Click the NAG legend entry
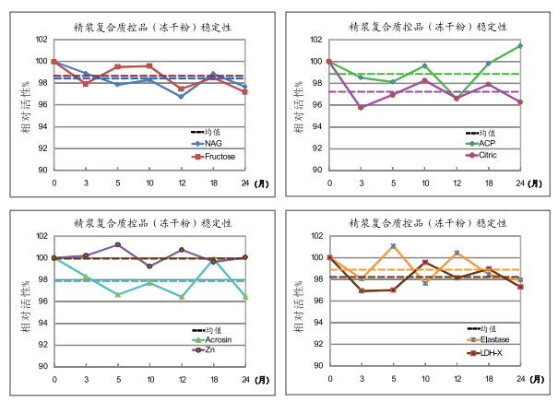coord(213,144)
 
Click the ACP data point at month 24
coord(520,45)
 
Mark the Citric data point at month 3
coord(361,108)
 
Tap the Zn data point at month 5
coord(118,244)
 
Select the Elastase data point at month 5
coord(393,246)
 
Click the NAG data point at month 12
coord(181,96)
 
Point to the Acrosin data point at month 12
coord(181,297)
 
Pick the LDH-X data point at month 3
coord(361,290)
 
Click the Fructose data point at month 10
coord(149,65)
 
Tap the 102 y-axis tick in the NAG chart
coord(41,40)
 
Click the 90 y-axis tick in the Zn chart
coord(42,366)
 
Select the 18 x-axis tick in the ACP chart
coord(488,183)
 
